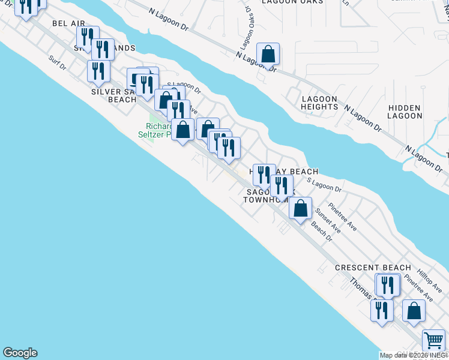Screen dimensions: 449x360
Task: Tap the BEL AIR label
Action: pos(69,23)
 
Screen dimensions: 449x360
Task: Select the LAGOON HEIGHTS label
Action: pos(320,103)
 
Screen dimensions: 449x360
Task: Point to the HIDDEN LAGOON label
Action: pos(405,112)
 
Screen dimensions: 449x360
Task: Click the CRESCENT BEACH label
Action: pos(373,268)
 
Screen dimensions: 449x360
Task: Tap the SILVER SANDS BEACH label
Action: pos(114,96)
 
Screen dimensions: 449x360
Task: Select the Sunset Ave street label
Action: pos(328,221)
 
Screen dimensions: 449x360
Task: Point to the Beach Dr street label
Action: pos(322,232)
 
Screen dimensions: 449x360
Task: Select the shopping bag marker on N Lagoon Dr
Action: pos(268,55)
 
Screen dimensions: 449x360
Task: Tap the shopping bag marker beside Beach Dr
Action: pos(301,209)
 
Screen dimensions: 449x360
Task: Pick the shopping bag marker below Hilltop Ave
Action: pos(414,311)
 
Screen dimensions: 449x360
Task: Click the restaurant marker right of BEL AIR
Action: pos(88,37)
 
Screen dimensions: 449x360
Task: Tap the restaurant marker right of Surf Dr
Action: pos(98,71)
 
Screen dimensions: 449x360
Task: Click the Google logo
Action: pos(20,353)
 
